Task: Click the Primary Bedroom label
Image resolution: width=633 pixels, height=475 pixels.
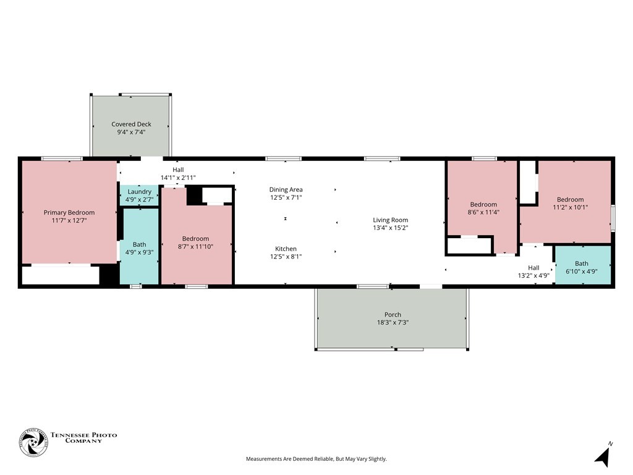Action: click(69, 213)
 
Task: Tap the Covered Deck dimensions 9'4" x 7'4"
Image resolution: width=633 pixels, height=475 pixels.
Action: click(131, 132)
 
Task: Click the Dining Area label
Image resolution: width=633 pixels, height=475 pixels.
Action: click(286, 190)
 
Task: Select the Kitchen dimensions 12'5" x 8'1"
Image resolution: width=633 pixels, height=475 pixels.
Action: click(286, 257)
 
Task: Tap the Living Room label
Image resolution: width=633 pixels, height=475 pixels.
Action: click(390, 220)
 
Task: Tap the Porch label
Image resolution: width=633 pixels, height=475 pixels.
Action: click(393, 315)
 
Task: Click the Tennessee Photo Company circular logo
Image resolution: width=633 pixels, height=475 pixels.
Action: click(33, 443)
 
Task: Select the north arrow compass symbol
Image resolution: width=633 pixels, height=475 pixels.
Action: click(602, 456)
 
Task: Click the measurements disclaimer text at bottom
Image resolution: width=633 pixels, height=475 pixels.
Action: click(316, 459)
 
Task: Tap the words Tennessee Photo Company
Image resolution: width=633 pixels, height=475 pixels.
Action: click(83, 438)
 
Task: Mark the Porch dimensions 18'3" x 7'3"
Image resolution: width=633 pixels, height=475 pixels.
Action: click(393, 323)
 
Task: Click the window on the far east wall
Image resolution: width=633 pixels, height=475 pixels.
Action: click(613, 218)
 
